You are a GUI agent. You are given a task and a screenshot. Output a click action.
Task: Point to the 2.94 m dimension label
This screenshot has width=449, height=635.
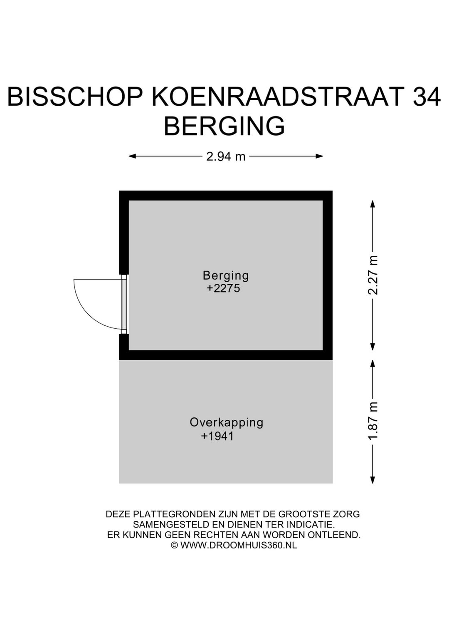pyautogui.click(x=226, y=156)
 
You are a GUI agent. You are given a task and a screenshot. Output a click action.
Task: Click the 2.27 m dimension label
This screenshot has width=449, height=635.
pyautogui.click(x=373, y=275)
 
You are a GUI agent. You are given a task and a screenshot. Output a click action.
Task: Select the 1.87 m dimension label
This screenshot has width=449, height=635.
pyautogui.click(x=373, y=421)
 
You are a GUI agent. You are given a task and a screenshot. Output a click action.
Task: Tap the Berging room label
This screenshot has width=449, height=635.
pyautogui.click(x=226, y=275)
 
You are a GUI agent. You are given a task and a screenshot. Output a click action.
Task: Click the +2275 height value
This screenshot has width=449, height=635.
pyautogui.click(x=223, y=288)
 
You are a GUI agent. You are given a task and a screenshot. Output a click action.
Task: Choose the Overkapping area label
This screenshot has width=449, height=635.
pyautogui.click(x=227, y=422)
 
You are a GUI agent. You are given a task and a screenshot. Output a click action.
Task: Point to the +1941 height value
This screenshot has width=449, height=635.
pyautogui.click(x=217, y=436)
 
